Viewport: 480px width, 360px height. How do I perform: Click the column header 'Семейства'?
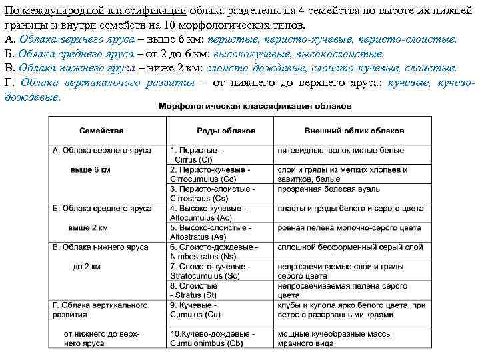point(101,131)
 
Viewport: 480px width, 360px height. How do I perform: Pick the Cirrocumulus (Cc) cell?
point(210,175)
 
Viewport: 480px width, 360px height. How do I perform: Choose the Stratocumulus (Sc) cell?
point(210,271)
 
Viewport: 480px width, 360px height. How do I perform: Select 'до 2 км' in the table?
point(87,266)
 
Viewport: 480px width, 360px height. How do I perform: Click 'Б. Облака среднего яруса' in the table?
point(101,209)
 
